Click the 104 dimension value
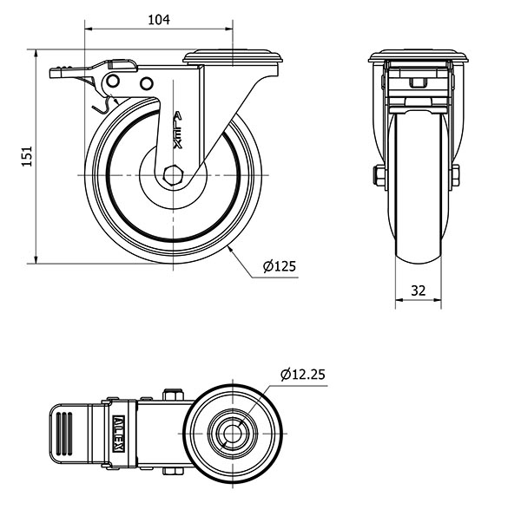159,20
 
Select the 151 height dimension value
27,156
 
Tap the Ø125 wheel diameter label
280,266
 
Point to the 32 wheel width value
419,291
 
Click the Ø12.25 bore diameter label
303,374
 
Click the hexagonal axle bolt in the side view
173,175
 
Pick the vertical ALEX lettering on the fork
178,131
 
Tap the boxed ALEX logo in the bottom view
119,434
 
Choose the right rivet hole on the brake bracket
147,83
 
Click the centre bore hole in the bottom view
233,434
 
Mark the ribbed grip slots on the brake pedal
64,434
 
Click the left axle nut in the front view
379,175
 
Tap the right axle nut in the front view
454,175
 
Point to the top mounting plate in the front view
419,56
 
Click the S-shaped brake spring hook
104,104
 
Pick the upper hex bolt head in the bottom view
173,395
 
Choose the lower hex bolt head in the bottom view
173,471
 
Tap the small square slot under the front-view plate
419,82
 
